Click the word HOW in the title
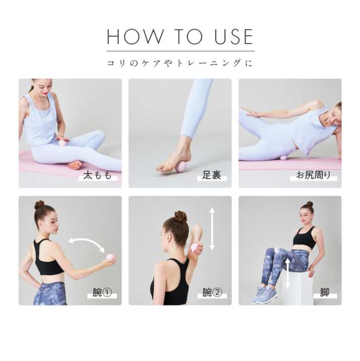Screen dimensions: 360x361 (x=135, y=37)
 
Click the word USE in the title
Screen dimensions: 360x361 (x=234, y=37)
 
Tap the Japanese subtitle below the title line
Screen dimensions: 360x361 (x=180, y=63)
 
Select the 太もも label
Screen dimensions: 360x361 (x=98, y=175)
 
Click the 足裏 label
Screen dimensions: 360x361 (x=212, y=175)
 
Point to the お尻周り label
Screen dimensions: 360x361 (x=313, y=175)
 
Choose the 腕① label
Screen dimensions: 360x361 (x=102, y=293)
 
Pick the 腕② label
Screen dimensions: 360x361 (x=212, y=293)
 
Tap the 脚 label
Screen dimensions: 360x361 (x=325, y=293)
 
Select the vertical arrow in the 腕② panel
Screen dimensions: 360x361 (x=212, y=229)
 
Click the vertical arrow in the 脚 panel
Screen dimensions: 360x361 (x=287, y=273)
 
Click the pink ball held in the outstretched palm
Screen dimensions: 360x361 (x=110, y=257)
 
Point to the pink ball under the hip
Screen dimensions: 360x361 (x=283, y=158)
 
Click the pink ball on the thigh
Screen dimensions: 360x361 (x=62, y=143)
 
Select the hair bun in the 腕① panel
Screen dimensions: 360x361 (x=39, y=204)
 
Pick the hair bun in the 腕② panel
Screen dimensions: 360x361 (x=181, y=217)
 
